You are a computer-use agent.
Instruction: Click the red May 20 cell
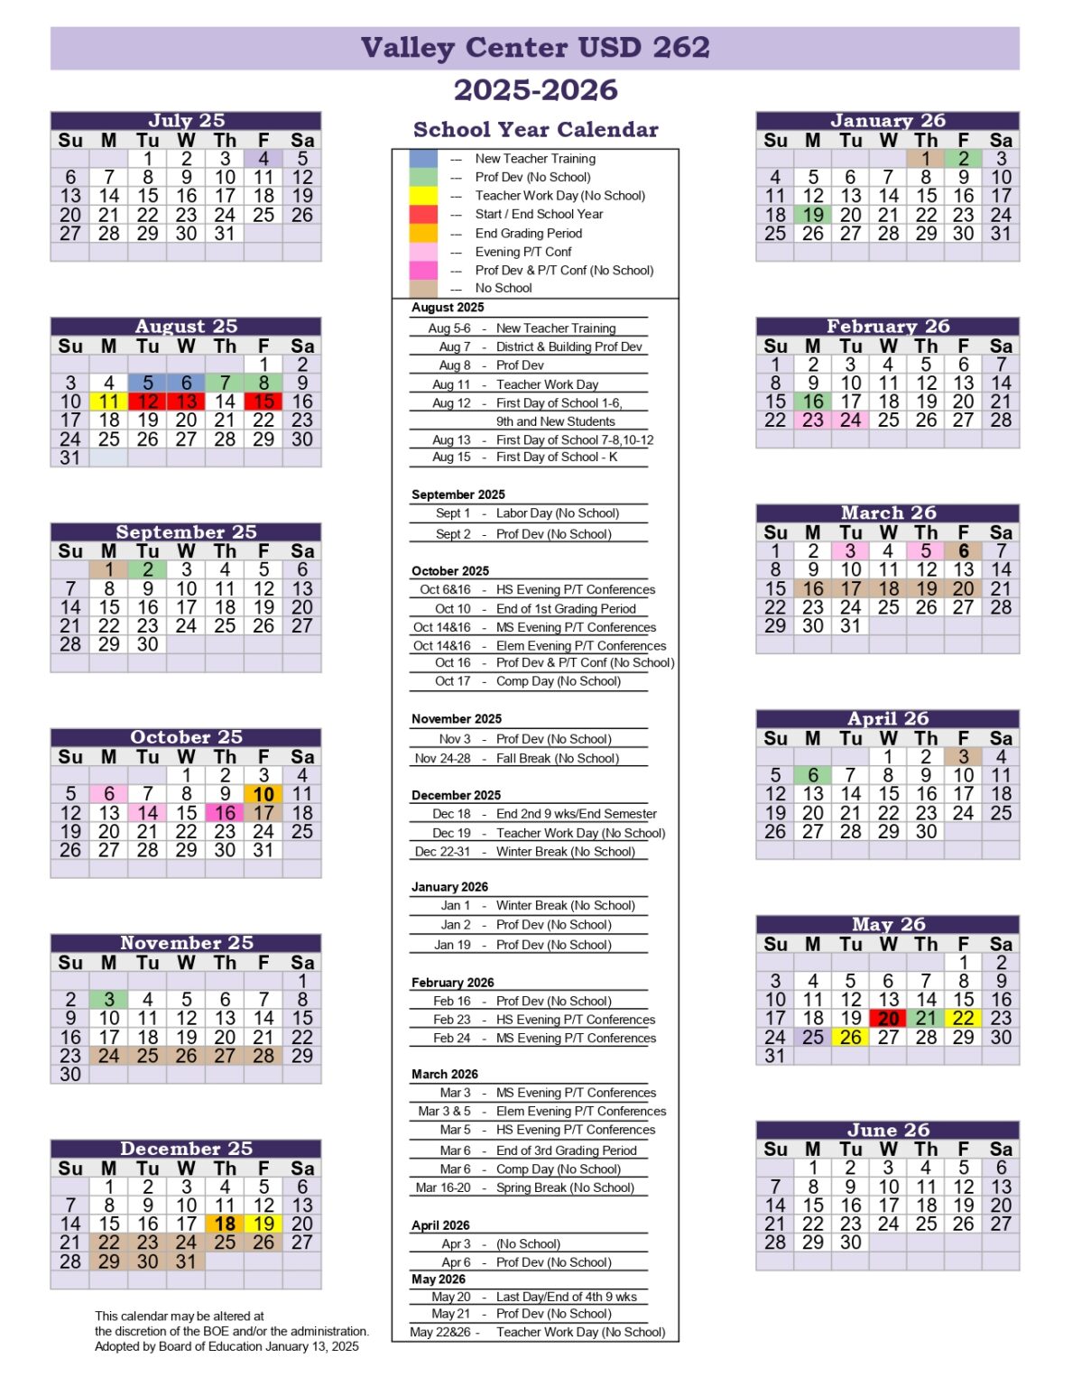888,1019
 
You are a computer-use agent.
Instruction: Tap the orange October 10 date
263,795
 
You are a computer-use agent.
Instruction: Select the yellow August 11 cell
109,402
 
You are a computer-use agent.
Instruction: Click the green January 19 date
813,215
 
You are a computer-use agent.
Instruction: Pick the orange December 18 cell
225,1224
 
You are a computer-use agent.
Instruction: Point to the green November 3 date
109,1000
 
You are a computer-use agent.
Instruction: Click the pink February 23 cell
813,420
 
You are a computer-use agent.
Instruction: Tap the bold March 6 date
964,551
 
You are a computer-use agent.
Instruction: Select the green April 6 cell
813,776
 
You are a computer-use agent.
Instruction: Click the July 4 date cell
263,159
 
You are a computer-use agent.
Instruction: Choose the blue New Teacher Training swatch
423,159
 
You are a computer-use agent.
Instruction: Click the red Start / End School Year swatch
423,215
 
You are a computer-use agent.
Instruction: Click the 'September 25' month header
186,532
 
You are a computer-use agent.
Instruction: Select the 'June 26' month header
888,1131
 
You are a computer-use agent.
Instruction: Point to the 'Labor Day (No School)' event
557,513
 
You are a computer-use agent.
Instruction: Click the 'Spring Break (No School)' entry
565,1188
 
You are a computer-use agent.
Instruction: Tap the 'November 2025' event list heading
457,719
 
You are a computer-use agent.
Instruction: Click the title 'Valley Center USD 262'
535,48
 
